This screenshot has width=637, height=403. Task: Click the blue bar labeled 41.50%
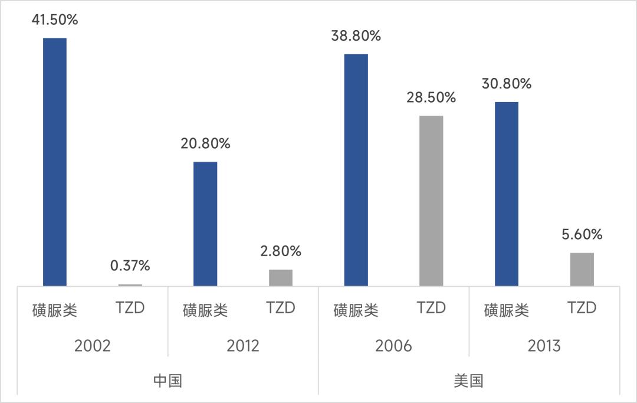point(55,162)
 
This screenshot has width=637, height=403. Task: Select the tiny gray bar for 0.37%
point(130,285)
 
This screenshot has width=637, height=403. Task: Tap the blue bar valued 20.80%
point(205,224)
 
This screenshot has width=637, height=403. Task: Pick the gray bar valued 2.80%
point(281,278)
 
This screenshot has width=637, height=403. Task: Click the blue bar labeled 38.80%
point(356,170)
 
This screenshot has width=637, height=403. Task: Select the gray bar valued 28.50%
point(431,201)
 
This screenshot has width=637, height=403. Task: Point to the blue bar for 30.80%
point(507,194)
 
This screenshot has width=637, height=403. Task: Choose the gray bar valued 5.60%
point(582,270)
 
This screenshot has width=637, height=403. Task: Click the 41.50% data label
point(55,20)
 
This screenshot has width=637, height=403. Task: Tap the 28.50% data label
point(431,97)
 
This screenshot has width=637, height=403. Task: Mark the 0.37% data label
point(130,266)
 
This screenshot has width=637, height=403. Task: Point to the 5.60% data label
point(582,234)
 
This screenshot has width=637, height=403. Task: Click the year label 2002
point(93,345)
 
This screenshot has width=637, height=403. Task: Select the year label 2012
point(243,345)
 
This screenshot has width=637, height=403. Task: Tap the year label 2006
point(393,345)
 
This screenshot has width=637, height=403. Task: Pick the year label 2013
point(544,345)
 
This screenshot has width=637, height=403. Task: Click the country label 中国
point(168,381)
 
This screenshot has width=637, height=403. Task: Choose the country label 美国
point(469,381)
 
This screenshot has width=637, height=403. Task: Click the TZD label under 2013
point(582,308)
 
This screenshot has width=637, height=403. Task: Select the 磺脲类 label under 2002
point(55,310)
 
